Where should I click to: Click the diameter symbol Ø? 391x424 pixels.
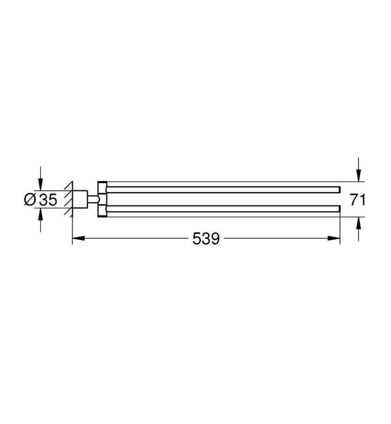tap(30, 199)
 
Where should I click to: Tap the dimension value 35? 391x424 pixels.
tap(48, 200)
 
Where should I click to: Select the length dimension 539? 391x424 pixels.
tap(206, 239)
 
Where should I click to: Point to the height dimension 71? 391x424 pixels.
tap(357, 200)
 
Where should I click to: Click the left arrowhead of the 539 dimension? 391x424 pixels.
tap(79, 238)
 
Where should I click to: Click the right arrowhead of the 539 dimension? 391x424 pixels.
tap(333, 238)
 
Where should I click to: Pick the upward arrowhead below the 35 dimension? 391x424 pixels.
tap(41, 215)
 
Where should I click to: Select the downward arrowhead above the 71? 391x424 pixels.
tap(358, 175)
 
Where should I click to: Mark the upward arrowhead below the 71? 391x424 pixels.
tap(358, 223)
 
